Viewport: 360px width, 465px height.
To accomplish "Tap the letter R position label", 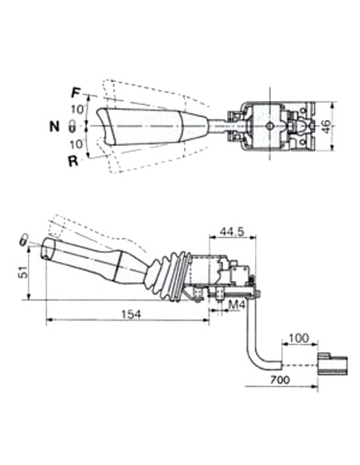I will (72, 160).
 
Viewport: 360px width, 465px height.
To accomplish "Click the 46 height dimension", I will (327, 127).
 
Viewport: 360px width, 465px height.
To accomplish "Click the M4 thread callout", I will (236, 304).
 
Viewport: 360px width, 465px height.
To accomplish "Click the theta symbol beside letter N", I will (72, 126).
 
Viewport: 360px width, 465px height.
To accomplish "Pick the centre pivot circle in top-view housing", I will (270, 126).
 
